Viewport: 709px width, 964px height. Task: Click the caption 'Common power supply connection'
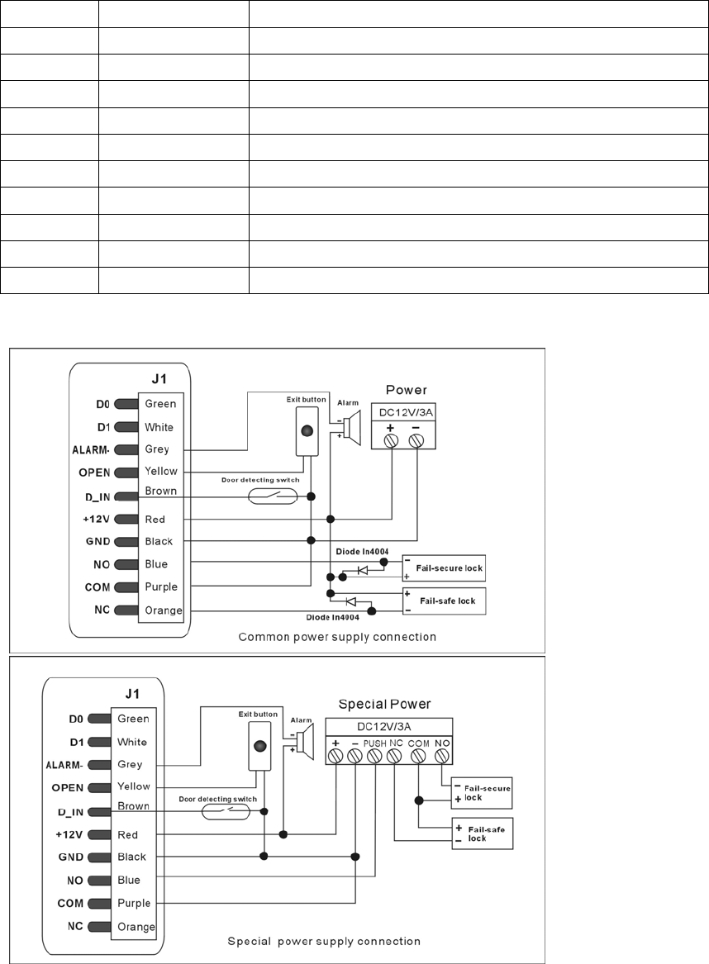pos(336,637)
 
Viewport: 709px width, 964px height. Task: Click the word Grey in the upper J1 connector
pos(157,449)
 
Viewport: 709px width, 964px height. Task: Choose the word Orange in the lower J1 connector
pos(136,926)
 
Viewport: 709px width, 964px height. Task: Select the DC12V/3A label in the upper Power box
pos(402,412)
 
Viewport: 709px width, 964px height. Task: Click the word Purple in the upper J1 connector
pos(161,586)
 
